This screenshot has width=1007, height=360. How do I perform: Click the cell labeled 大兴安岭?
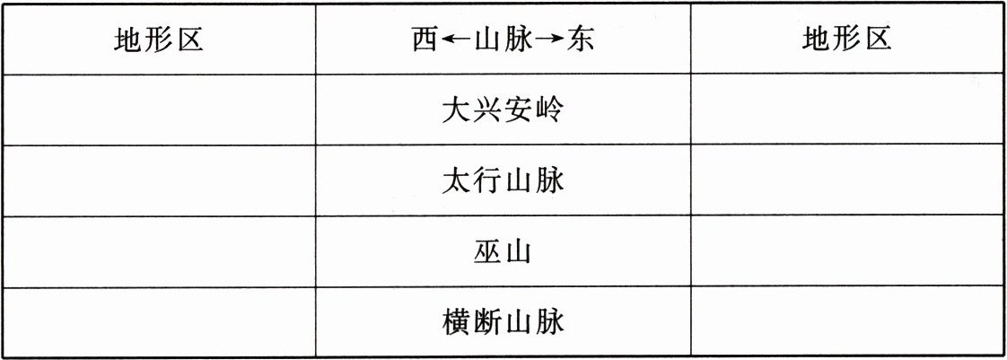[x=503, y=110]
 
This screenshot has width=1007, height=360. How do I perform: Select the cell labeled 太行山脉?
[x=503, y=181]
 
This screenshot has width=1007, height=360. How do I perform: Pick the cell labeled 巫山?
[x=503, y=252]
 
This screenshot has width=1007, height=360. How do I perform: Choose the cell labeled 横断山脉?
[x=503, y=321]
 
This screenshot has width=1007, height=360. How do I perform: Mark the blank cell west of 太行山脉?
[x=159, y=180]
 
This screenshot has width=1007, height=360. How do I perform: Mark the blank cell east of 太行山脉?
[x=846, y=180]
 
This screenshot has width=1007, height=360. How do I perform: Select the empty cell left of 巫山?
[x=159, y=251]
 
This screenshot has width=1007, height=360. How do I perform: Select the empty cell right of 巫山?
[x=846, y=251]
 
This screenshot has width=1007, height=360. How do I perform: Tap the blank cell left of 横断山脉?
[x=159, y=321]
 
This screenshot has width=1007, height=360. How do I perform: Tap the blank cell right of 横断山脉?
[x=846, y=321]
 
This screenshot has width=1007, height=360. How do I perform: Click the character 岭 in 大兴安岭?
[x=549, y=110]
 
